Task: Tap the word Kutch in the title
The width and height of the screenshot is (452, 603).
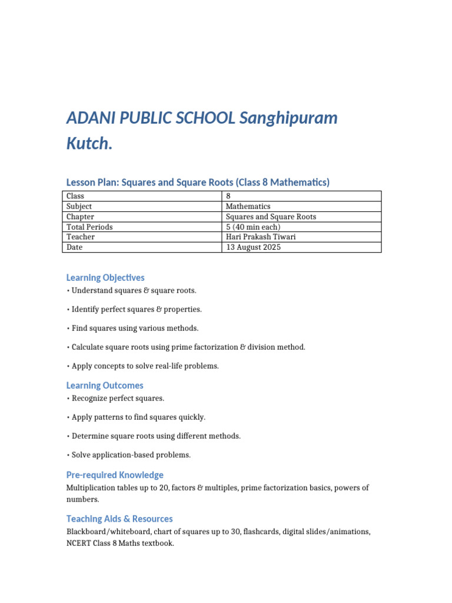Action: (89, 143)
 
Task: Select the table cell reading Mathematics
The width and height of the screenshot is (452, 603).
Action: (248, 207)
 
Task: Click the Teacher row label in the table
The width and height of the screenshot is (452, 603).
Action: (81, 237)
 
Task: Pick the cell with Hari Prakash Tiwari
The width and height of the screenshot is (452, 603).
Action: (261, 237)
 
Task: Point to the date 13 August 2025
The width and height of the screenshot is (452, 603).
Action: (253, 247)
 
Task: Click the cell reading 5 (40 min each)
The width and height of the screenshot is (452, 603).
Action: (253, 227)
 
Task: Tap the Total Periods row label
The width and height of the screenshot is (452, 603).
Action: (89, 227)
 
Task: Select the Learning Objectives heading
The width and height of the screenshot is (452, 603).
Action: (105, 277)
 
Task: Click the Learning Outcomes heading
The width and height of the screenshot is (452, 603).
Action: (105, 385)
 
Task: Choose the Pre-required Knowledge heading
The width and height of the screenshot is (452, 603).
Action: (115, 475)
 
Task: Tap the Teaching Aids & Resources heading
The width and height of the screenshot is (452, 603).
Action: (119, 519)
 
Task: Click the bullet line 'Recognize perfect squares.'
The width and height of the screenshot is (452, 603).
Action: (118, 398)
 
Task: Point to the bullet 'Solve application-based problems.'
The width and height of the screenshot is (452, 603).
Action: (131, 455)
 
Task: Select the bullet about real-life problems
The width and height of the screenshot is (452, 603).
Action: (145, 366)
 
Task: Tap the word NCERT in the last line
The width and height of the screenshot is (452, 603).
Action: (78, 544)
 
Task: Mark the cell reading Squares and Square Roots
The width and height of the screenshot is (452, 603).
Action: (271, 217)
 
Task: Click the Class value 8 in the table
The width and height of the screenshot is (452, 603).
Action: (228, 196)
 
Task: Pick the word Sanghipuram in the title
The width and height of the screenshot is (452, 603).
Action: (289, 118)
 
